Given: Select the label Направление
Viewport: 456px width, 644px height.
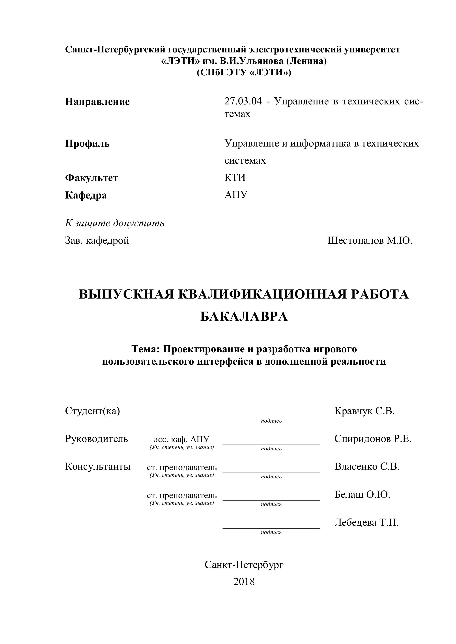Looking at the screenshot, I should pyautogui.click(x=97, y=102).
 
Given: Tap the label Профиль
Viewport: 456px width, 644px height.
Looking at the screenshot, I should pyautogui.click(x=87, y=144).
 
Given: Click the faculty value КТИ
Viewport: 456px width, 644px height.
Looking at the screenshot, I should pyautogui.click(x=235, y=178).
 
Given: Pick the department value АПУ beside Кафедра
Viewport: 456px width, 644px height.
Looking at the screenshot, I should pyautogui.click(x=236, y=195).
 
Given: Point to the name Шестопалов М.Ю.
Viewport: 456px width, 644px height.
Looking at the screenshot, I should pyautogui.click(x=370, y=240).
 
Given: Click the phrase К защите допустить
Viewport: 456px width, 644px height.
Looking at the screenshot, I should pyautogui.click(x=115, y=223).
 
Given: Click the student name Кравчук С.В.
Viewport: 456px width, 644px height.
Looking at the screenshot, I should pyautogui.click(x=364, y=411).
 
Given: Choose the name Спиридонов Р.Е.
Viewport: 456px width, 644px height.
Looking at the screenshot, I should pyautogui.click(x=373, y=439).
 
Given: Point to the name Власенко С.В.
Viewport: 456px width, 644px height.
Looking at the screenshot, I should pyautogui.click(x=367, y=467).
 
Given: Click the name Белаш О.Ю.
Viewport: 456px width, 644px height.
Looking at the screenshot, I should pyautogui.click(x=362, y=494).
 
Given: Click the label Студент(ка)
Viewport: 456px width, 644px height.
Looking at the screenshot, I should pyautogui.click(x=92, y=411).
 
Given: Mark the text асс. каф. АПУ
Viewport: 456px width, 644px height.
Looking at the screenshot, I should pyautogui.click(x=181, y=439).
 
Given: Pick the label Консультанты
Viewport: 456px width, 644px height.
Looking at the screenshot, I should pyautogui.click(x=98, y=467).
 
